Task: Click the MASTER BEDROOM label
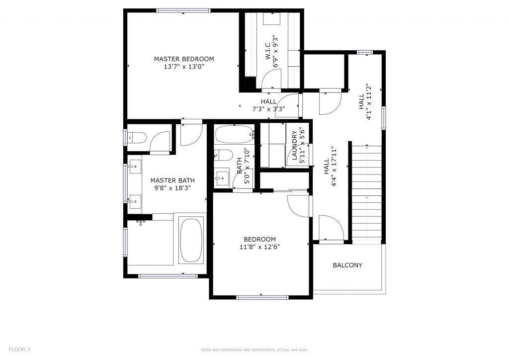pos(184,59)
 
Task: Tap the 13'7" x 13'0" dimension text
pos(184,67)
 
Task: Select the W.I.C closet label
pos(268,51)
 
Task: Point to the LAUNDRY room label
pos(295,145)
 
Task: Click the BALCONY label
pos(347,265)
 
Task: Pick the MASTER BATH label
pos(172,180)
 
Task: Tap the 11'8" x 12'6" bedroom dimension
pos(259,247)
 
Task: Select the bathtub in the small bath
pos(234,134)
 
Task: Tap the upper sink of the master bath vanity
pos(134,167)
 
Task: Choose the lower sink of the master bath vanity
pos(134,201)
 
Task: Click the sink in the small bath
pos(222,178)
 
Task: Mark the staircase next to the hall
pos(367,194)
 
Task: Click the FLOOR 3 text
pos(19,349)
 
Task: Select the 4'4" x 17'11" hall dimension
pos(330,167)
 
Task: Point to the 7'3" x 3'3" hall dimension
pos(268,109)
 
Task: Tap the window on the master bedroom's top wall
pos(183,10)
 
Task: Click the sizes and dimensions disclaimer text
pos(254,350)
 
